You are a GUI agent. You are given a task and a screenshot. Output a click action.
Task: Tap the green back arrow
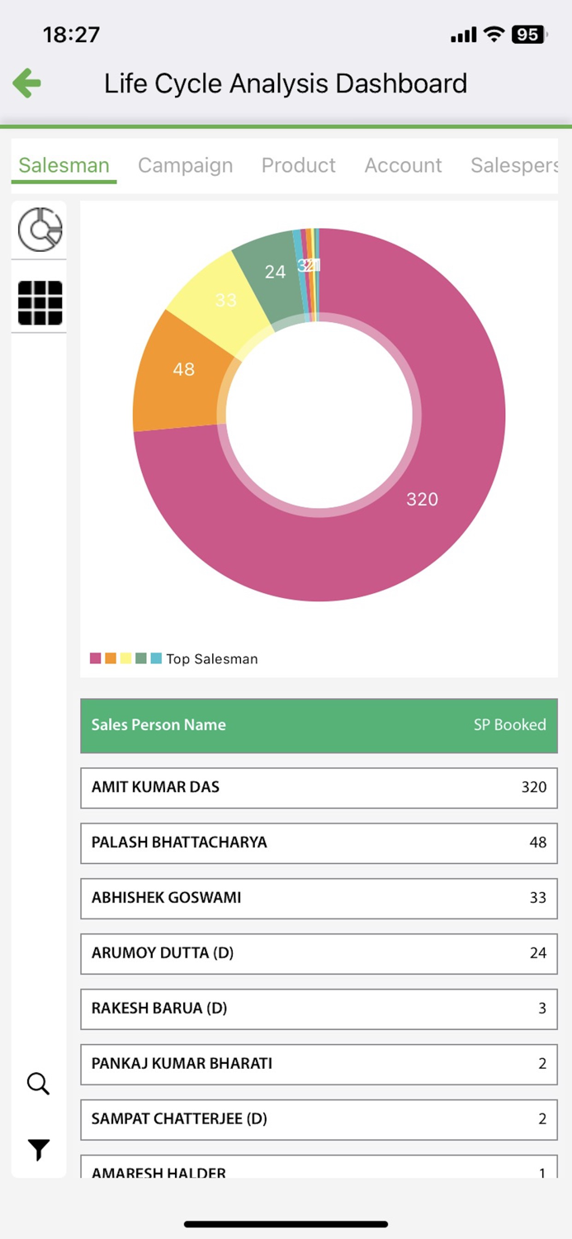[x=27, y=83]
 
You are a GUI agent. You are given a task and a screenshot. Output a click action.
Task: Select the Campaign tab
[x=185, y=165]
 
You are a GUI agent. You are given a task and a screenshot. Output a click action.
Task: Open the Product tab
[x=298, y=165]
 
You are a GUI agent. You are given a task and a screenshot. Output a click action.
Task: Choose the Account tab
[x=403, y=165]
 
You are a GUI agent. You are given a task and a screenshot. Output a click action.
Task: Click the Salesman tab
[x=64, y=165]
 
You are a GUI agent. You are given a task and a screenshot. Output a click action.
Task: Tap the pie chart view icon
[x=40, y=229]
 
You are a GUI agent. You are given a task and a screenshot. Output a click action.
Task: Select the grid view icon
[x=40, y=303]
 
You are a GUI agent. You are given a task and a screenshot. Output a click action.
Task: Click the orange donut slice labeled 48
[x=183, y=369]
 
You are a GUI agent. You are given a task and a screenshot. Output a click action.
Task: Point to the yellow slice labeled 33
[x=225, y=300]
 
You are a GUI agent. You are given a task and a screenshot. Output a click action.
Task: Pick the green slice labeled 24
[x=275, y=271]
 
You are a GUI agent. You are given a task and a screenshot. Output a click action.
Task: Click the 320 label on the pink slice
[x=422, y=499]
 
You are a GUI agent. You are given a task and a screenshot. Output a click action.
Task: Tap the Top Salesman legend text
[x=212, y=659]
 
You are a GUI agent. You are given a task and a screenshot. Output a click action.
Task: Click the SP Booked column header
[x=509, y=725]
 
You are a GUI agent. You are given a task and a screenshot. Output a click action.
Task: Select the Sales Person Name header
[x=158, y=725]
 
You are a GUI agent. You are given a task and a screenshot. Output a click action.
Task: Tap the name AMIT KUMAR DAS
[x=155, y=787]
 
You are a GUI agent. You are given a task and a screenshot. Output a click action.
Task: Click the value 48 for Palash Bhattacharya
[x=538, y=843]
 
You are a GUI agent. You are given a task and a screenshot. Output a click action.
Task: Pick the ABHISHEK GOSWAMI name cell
[x=166, y=897]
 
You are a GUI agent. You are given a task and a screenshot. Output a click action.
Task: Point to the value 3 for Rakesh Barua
[x=542, y=1008]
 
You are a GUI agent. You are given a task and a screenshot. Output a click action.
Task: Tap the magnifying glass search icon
[x=39, y=1084]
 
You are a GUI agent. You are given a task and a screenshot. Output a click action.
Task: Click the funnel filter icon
[x=39, y=1149]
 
